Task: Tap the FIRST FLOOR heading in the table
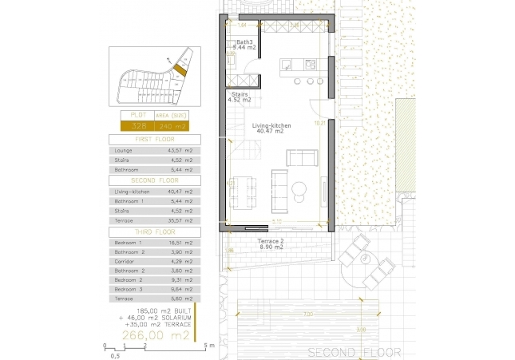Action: (155, 139)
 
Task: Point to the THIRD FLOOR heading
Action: (155, 231)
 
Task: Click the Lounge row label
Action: (123, 149)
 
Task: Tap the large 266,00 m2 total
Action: (157, 337)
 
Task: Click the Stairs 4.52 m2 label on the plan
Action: (240, 97)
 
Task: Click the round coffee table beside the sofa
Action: (299, 189)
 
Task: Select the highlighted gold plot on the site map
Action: (181, 70)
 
